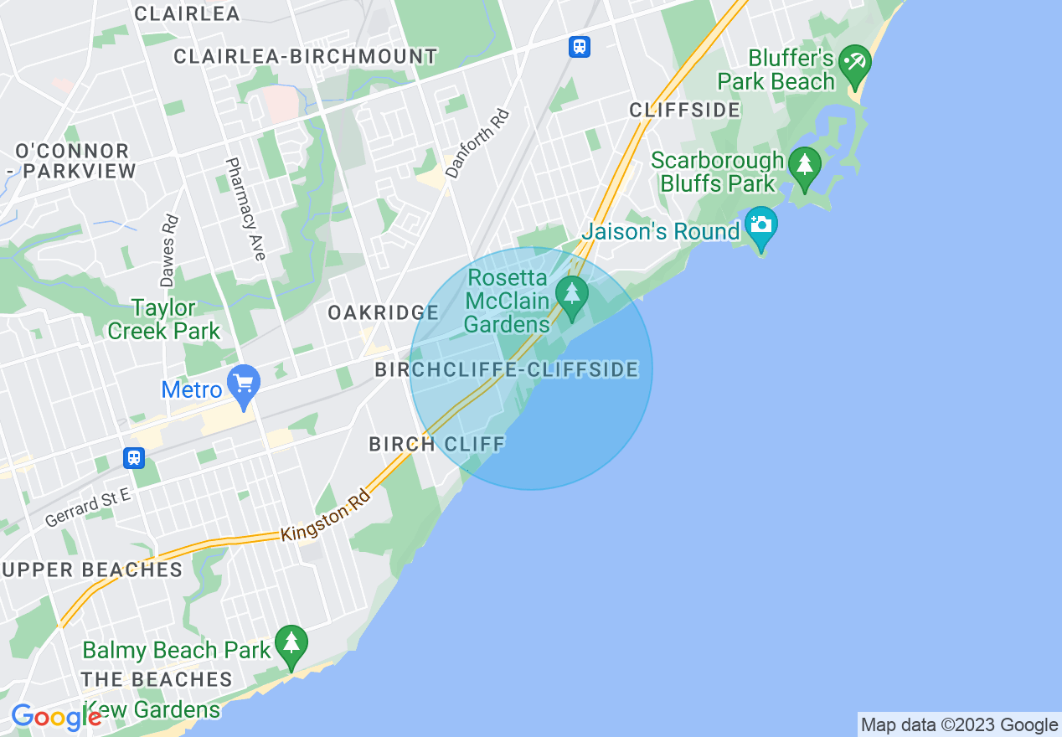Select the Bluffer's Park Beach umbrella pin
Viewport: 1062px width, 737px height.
tap(855, 64)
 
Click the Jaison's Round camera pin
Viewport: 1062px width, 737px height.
tap(760, 225)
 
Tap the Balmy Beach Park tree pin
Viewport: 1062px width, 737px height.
tap(291, 645)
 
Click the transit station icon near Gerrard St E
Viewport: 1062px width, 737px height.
tap(133, 458)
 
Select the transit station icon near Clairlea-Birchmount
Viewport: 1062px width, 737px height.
tap(579, 47)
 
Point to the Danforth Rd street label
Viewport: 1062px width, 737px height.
tap(477, 144)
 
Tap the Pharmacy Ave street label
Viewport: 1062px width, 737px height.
tap(245, 209)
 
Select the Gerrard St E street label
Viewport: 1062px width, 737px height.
tap(88, 508)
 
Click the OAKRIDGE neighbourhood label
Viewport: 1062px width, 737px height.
tap(383, 312)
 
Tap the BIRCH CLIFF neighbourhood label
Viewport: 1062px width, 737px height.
tap(437, 444)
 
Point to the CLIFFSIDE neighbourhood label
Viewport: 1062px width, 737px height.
tap(684, 110)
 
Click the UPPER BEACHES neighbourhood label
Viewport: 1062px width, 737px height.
tap(92, 570)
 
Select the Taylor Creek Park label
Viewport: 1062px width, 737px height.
tap(163, 319)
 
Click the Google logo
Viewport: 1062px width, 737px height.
tap(56, 717)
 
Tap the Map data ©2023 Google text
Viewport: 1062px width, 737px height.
tap(959, 725)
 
